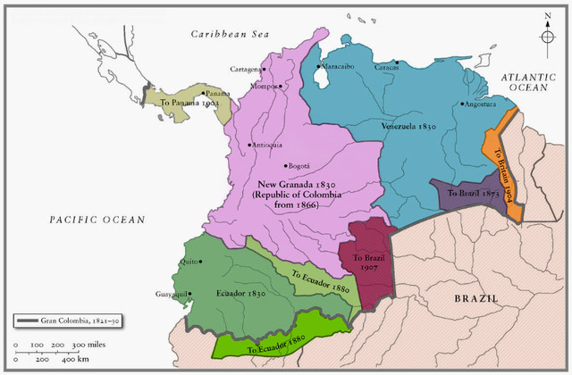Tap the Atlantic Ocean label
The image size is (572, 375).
[x=528, y=83]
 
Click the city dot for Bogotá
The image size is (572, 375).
[x=286, y=166]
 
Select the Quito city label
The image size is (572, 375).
[x=187, y=262]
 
